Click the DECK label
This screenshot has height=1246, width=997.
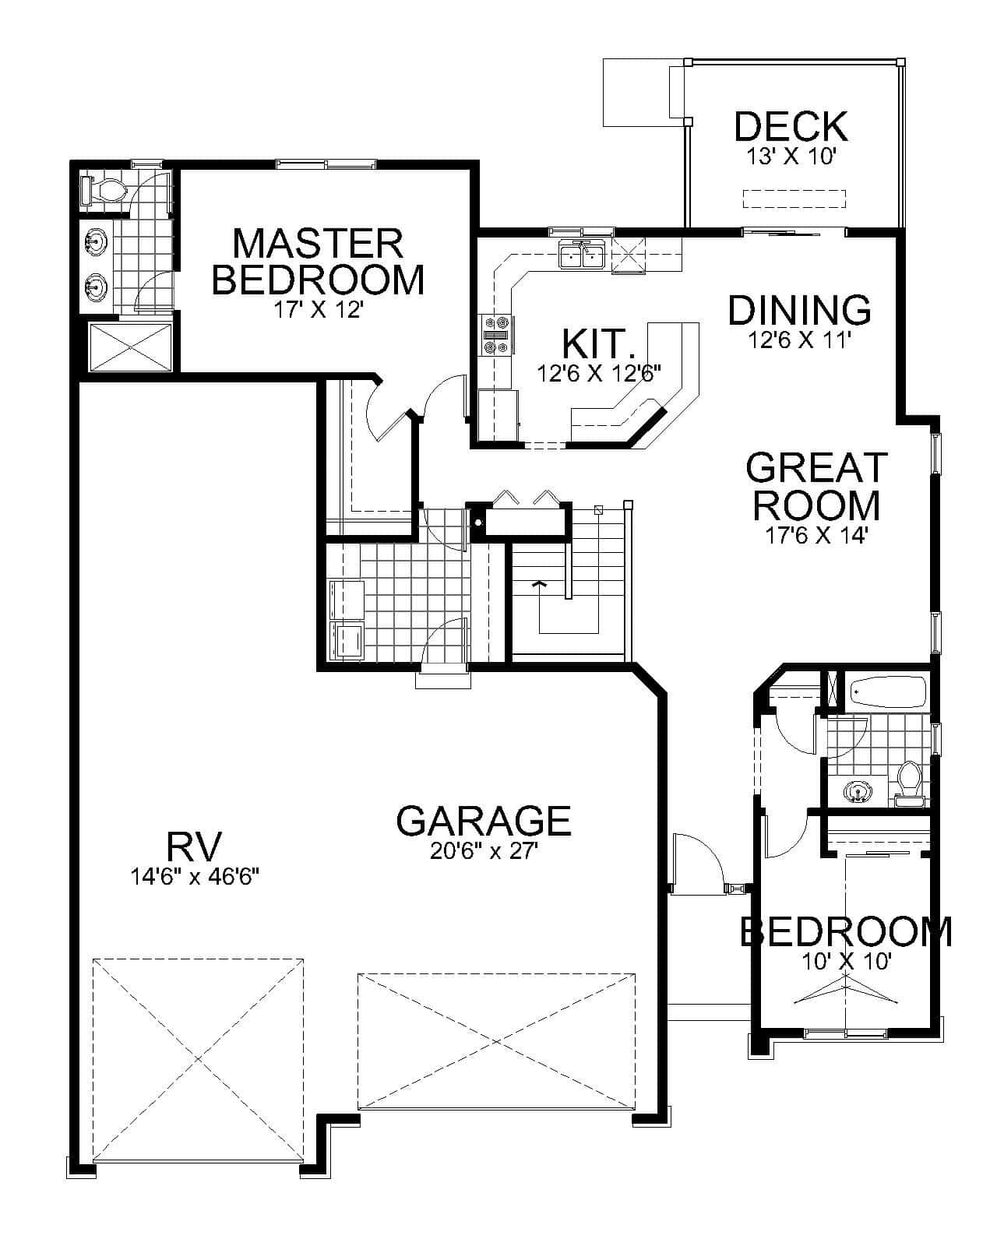tap(791, 126)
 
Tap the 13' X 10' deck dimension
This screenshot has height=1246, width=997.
tap(791, 157)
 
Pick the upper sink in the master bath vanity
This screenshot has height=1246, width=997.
tap(96, 241)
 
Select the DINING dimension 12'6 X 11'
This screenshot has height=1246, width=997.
tap(799, 340)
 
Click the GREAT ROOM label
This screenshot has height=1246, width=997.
tap(816, 486)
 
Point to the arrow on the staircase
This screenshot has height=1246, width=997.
tap(537, 583)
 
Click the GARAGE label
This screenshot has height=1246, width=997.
tap(484, 820)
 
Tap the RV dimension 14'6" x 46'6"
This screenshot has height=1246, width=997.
tap(195, 877)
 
